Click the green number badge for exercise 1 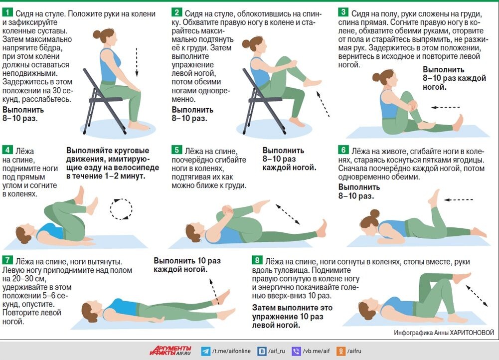[7, 12]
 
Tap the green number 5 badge [176, 150]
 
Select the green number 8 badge [257, 260]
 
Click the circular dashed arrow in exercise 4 [121, 209]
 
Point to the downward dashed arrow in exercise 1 [137, 62]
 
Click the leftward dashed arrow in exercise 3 [445, 107]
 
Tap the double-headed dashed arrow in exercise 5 [288, 214]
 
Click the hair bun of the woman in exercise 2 [246, 43]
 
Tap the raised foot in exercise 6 [433, 197]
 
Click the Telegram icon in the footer [205, 351]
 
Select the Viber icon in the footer [296, 351]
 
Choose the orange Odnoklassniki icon [341, 351]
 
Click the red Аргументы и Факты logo [170, 351]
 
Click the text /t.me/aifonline [231, 351]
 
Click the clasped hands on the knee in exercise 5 [227, 210]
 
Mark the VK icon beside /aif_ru [262, 351]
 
